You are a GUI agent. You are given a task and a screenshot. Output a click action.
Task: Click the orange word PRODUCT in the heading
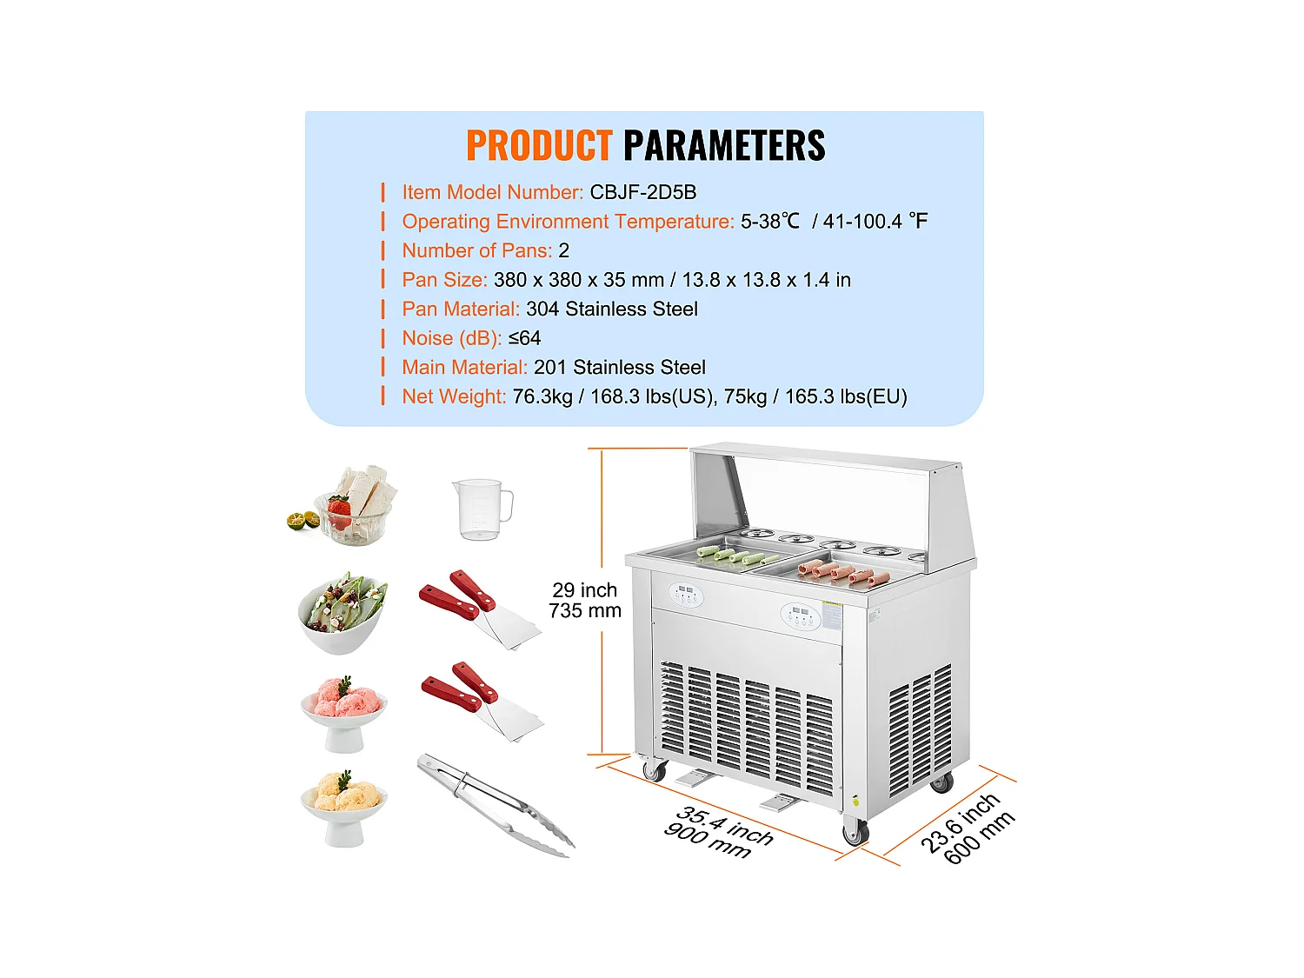click(539, 145)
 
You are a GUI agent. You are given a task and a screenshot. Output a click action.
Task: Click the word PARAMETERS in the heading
click(724, 145)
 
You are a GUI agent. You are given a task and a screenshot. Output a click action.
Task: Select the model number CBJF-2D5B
click(642, 192)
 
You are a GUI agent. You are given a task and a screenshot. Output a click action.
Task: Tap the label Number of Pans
click(476, 250)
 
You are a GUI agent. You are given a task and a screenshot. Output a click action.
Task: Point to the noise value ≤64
click(524, 338)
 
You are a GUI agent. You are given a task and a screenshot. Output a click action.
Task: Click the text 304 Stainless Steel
click(611, 309)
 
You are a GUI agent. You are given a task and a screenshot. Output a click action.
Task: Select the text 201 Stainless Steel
click(619, 367)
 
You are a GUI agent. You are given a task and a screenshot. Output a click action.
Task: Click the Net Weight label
click(453, 396)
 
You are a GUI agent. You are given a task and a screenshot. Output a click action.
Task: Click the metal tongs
click(496, 805)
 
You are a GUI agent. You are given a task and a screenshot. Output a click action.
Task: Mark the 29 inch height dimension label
click(584, 590)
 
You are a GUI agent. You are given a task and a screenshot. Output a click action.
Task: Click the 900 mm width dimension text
click(707, 842)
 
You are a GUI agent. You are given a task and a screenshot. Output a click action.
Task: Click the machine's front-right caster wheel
click(855, 833)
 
